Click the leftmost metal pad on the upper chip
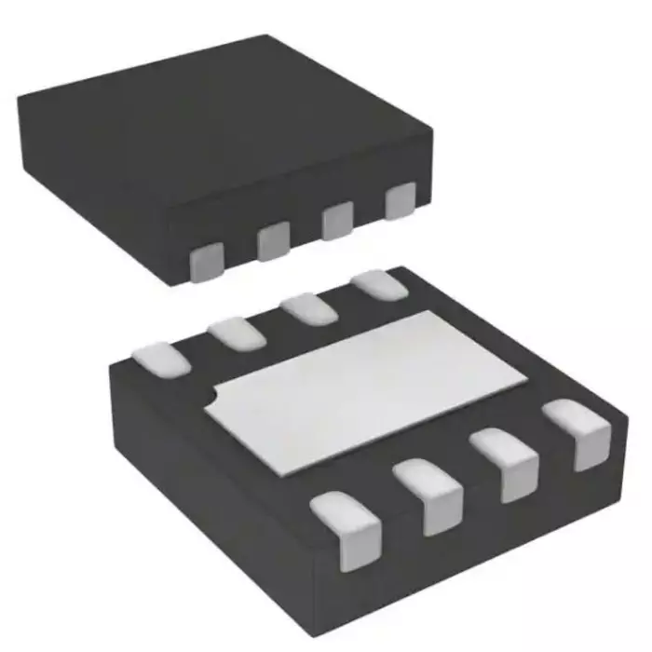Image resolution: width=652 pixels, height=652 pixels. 205,263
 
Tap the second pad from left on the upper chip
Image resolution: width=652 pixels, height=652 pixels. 273,240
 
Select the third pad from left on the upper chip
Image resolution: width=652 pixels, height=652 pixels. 336,220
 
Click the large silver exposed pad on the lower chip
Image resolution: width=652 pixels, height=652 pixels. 373,382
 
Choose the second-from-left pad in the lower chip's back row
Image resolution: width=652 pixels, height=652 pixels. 237,331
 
